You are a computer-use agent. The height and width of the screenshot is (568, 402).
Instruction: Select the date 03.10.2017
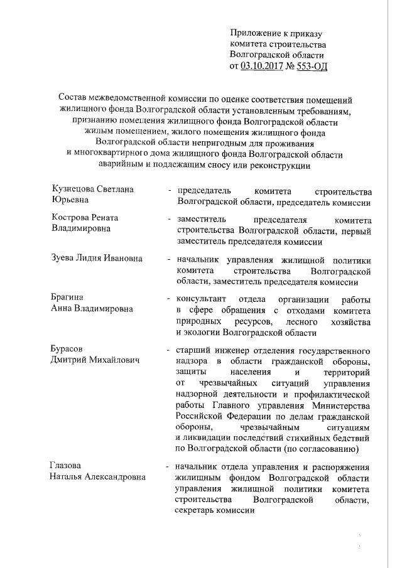(261, 65)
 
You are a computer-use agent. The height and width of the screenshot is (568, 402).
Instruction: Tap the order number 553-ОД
(312, 65)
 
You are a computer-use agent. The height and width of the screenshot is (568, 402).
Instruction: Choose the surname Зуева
(64, 259)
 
